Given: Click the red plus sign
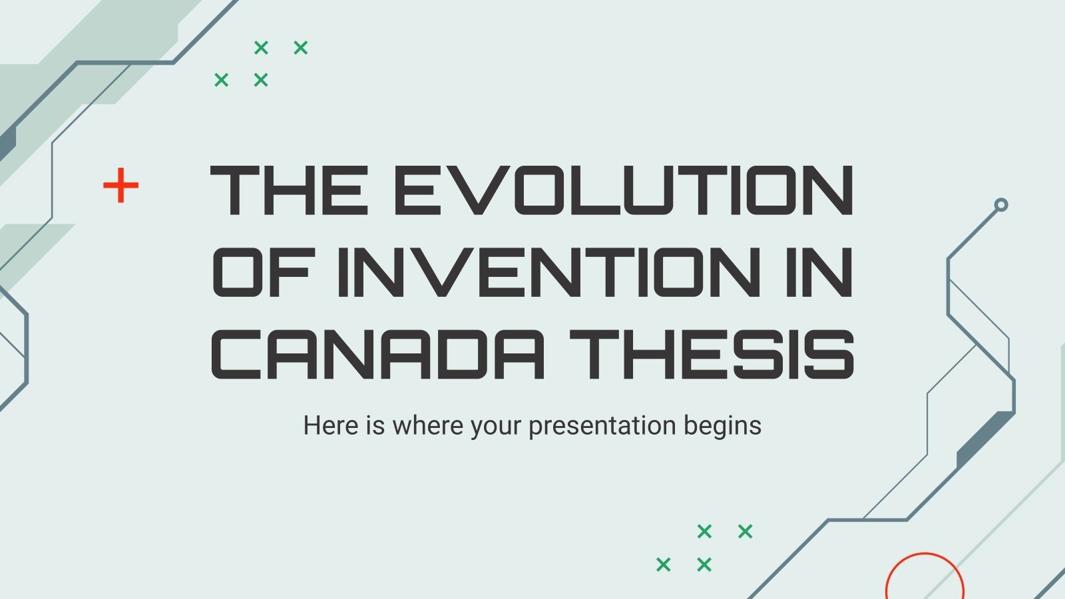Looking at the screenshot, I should point(120,185).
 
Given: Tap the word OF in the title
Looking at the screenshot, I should point(262,272).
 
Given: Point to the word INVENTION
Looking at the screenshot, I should point(548,272).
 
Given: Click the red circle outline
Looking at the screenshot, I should point(925,579).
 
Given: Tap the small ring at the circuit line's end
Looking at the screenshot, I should point(1000,205).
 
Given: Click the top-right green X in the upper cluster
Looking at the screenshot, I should point(301,47).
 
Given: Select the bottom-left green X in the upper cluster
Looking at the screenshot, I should point(222,80).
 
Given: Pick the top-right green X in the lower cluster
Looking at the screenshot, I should point(745,531).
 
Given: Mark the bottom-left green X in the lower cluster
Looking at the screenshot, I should point(664,564).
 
